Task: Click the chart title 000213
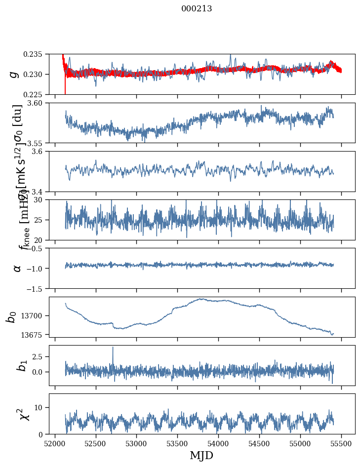[197, 8]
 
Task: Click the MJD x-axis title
[202, 455]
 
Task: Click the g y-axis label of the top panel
[15, 74]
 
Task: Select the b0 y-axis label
[12, 317]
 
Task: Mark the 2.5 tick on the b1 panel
[40, 356]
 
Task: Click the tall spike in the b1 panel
[113, 348]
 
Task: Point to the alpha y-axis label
[17, 268]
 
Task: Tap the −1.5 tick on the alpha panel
[36, 288]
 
